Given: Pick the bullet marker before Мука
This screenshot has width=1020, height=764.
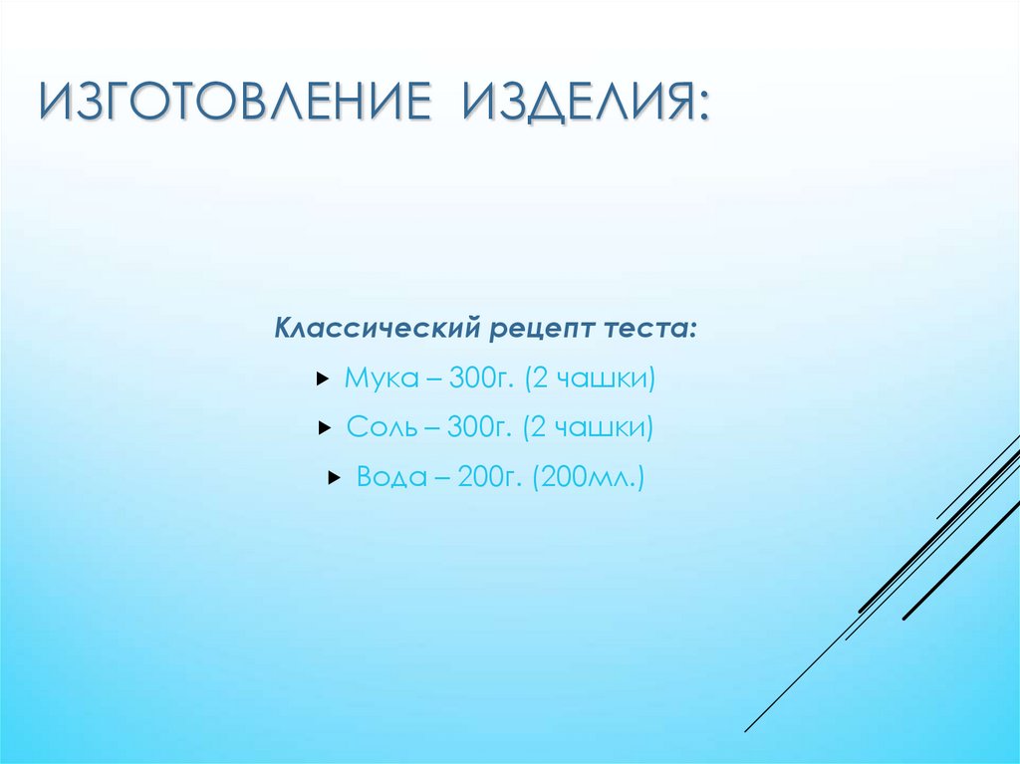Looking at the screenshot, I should coord(321,380).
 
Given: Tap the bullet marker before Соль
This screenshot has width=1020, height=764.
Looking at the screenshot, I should coord(324,428).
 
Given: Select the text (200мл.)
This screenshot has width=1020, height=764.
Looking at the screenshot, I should coord(589,478).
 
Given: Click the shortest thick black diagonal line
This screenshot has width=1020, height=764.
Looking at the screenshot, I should coord(961,573).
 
